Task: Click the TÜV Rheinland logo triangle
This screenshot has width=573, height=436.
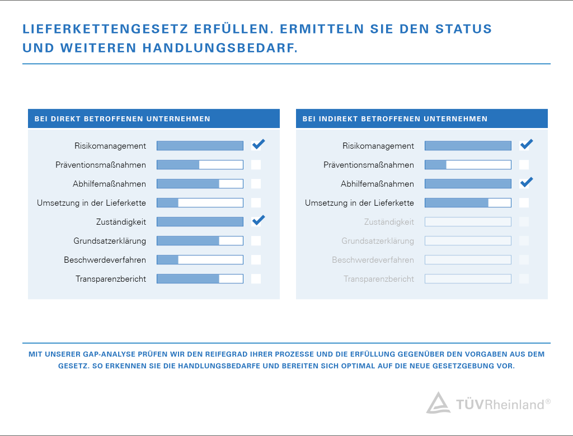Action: (438, 403)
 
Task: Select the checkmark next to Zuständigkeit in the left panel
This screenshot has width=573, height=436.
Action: (257, 221)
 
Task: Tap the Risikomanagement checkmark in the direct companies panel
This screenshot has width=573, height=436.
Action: (257, 145)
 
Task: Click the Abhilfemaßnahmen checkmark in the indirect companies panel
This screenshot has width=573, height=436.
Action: (525, 183)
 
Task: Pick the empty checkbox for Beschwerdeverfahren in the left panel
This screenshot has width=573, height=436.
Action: (256, 260)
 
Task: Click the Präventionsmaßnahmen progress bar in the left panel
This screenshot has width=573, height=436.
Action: (200, 165)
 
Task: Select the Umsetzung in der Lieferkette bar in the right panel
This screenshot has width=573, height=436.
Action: (468, 203)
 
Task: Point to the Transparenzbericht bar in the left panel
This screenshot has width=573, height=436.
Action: (200, 279)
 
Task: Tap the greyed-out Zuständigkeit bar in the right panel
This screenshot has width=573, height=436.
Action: (468, 222)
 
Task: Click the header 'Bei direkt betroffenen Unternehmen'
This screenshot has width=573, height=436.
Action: (123, 119)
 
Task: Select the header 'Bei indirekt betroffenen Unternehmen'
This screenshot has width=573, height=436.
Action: (395, 119)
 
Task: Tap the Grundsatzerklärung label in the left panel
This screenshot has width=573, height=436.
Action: (110, 241)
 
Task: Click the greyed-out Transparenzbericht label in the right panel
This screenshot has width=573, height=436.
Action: (379, 279)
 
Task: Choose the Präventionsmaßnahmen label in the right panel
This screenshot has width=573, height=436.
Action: (369, 165)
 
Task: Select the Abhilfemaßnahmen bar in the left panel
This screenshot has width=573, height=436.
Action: (200, 184)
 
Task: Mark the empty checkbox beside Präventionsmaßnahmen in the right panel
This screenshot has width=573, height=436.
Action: (524, 165)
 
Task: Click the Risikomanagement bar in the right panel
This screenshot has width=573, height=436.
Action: (468, 146)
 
